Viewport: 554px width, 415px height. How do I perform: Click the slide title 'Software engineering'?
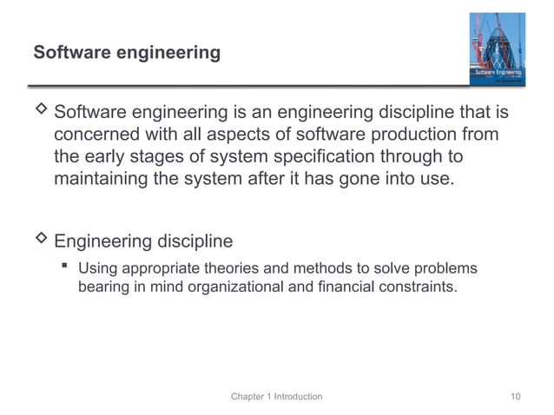(127, 53)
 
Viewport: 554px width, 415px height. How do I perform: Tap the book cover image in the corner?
(497, 49)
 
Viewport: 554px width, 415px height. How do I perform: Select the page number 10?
(516, 397)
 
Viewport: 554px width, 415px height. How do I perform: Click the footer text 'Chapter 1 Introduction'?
(276, 397)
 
